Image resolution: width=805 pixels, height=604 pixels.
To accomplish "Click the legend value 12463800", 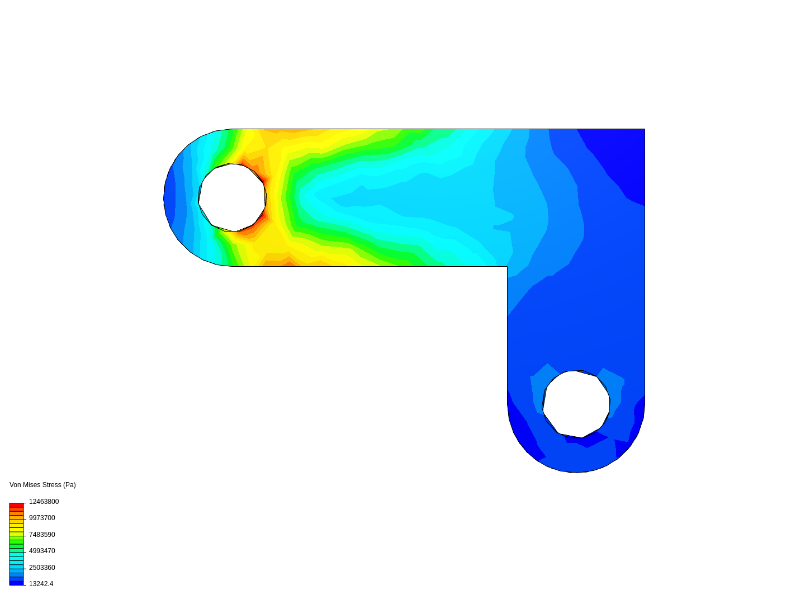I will tap(44, 502).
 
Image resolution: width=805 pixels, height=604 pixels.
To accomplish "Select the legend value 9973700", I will tap(42, 518).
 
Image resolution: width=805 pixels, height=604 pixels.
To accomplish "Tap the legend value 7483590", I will tap(42, 535).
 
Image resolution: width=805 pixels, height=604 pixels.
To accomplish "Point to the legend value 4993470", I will tap(42, 551).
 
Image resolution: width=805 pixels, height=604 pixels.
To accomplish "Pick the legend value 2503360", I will tap(42, 568).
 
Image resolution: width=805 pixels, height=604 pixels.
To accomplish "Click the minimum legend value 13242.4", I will tap(41, 584).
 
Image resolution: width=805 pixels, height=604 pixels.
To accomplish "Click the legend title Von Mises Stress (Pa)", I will tap(42, 485).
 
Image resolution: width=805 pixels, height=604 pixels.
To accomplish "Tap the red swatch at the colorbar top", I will tap(16, 505).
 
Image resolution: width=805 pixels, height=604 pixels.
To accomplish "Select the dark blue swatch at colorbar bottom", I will tap(16, 583).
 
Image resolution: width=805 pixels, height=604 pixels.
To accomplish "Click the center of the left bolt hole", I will tap(232, 197).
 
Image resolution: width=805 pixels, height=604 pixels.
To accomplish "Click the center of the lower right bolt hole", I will tap(576, 404).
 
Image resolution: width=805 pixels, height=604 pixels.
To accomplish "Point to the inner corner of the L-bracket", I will tap(507, 266).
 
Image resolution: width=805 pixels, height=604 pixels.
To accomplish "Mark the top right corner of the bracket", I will tap(645, 129).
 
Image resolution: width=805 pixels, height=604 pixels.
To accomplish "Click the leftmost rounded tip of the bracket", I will tap(164, 197).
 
